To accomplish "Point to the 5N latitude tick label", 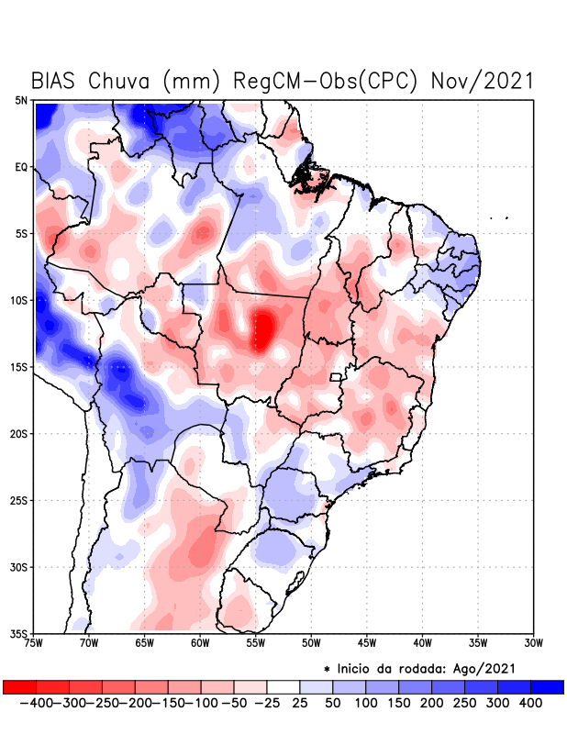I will point(21,100).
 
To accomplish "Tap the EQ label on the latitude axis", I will point(21,167).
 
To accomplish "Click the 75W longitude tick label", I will point(34,643).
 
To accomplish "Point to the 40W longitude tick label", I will point(423,643).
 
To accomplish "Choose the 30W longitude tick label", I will point(534,643).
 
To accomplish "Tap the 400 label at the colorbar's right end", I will point(530,702).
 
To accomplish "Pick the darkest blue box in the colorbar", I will point(547,686).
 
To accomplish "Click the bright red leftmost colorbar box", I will point(19,686).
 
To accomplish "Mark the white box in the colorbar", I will point(283,686).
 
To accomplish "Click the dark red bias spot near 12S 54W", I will point(263,330).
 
